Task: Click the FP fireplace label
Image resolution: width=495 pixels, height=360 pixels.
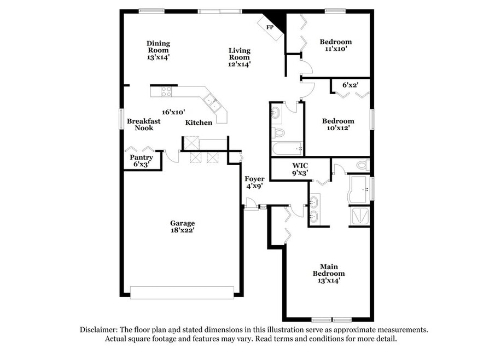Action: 270,27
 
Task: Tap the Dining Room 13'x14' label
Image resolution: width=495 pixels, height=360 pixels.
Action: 158,50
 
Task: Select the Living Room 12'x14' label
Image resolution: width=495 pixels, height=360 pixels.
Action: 239,57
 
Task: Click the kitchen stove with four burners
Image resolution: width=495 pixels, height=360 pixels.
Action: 166,91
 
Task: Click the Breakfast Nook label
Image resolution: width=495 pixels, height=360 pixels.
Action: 144,124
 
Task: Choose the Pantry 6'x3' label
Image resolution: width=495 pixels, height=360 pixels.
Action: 141,161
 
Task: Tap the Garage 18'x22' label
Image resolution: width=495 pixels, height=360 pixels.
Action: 182,227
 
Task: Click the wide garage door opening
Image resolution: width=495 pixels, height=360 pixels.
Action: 182,292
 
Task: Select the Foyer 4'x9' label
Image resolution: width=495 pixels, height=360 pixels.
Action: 254,183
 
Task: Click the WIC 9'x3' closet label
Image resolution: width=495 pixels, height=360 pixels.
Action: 300,169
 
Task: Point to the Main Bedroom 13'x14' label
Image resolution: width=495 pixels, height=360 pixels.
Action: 329,273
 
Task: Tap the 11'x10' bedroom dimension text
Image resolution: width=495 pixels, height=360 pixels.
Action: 336,49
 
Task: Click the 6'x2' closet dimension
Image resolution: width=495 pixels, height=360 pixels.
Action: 350,85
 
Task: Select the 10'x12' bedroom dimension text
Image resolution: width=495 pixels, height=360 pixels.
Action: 338,128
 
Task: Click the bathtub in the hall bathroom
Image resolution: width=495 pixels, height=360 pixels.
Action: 288,148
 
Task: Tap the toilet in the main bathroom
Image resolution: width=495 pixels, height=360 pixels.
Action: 363,165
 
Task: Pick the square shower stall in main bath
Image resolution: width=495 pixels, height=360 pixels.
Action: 359,216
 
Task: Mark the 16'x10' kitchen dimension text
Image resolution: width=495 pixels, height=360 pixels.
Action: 173,112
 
